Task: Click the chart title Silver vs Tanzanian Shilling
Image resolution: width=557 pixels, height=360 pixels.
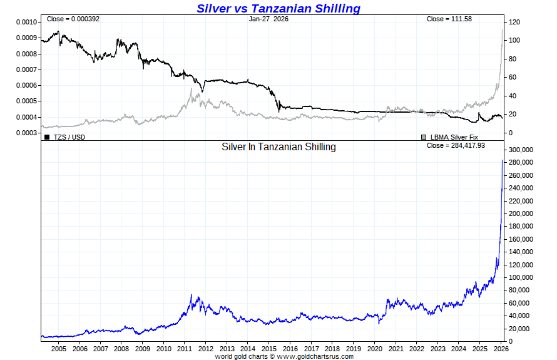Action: [x=278, y=8]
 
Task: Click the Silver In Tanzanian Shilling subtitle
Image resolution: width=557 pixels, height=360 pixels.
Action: [x=278, y=147]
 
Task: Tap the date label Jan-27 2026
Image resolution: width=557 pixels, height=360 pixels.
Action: [x=268, y=19]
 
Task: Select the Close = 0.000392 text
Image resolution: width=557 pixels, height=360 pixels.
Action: [x=73, y=19]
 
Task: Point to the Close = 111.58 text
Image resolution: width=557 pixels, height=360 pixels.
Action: [x=449, y=19]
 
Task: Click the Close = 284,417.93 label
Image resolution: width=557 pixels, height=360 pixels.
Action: [x=455, y=145]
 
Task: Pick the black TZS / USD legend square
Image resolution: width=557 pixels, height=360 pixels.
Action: [x=47, y=136]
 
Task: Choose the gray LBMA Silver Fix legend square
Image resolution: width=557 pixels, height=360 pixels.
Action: [x=424, y=136]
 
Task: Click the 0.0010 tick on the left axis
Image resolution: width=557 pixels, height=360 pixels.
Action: [x=26, y=22]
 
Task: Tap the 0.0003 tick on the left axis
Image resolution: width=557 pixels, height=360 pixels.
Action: [x=26, y=133]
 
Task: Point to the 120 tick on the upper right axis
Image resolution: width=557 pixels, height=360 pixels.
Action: [x=514, y=22]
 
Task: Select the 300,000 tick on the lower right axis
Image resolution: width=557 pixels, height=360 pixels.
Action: [x=520, y=150]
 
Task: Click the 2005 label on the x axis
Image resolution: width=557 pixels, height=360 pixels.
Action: [x=59, y=349]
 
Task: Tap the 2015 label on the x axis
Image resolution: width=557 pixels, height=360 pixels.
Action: [x=269, y=349]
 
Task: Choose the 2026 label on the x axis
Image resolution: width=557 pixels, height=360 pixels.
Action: [x=501, y=349]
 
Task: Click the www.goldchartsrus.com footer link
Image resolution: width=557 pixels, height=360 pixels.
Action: [x=315, y=356]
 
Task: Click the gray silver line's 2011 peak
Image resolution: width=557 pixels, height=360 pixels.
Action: [x=191, y=89]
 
